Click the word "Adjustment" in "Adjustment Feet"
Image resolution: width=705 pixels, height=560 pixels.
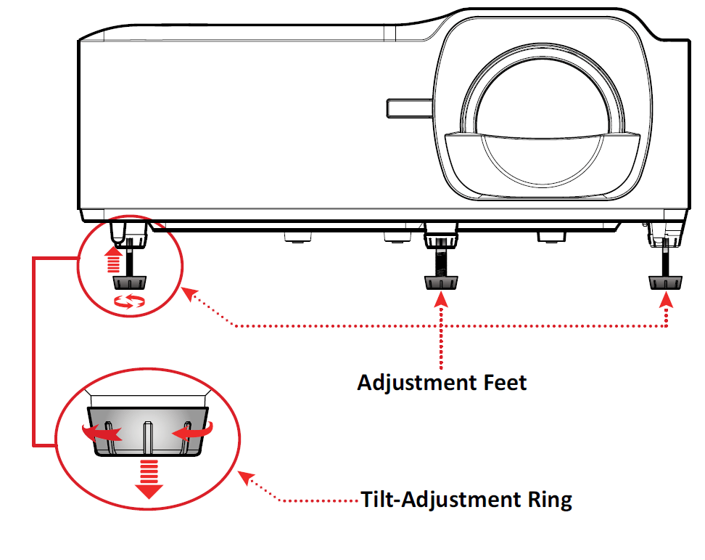411,382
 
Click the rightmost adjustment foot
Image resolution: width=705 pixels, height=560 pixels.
666,282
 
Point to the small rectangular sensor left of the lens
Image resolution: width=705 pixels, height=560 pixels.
408,107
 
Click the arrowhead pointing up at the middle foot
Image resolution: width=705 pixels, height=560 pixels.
441,299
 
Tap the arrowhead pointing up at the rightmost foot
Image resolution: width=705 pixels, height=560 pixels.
666,299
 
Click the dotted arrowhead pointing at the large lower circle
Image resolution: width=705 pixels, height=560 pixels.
247,477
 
